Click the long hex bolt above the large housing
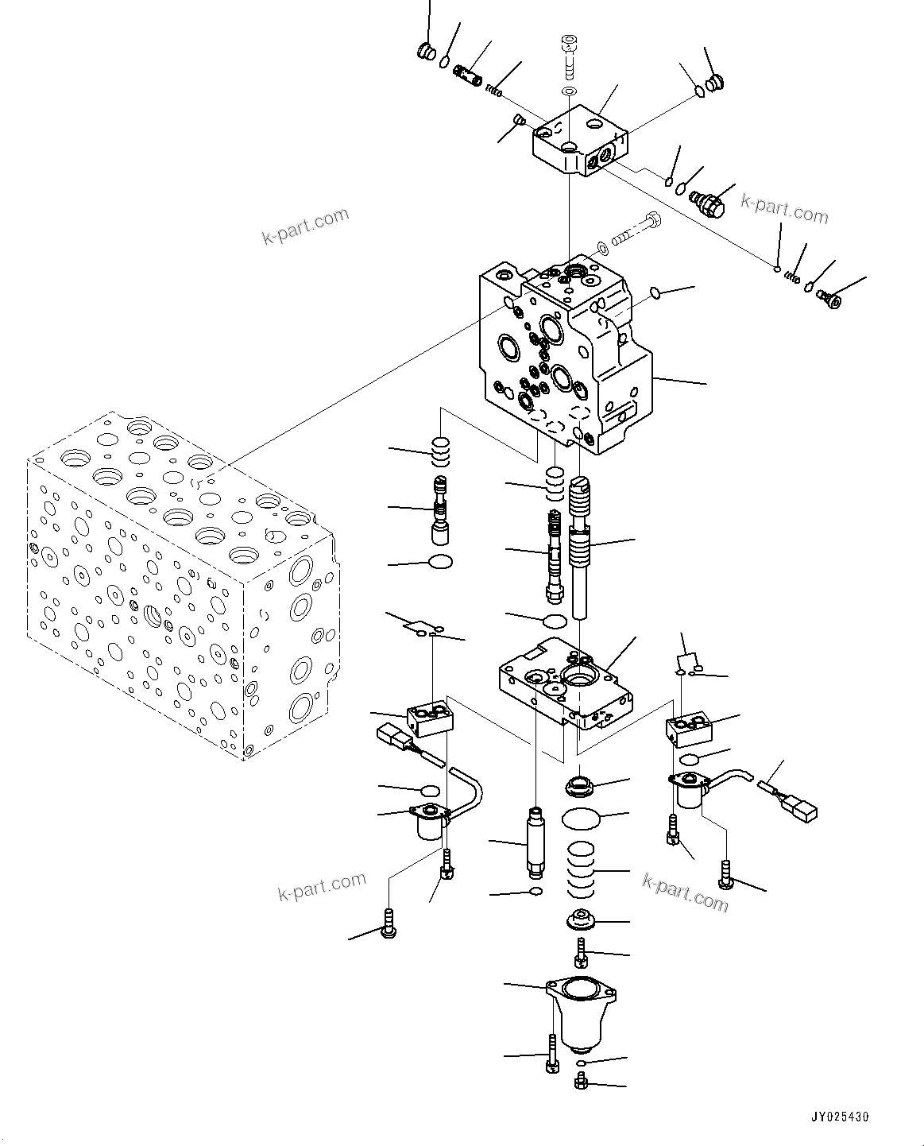[636, 231]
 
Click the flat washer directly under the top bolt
[568, 94]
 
